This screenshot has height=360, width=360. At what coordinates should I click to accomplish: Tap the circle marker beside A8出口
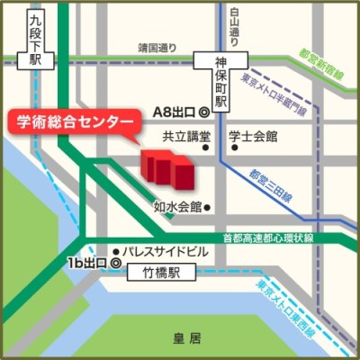[204, 112]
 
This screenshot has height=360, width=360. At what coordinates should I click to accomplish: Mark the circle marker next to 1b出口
[113, 262]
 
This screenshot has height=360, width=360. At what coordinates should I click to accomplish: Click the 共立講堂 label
[185, 138]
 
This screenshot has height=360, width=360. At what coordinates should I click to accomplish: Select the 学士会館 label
[253, 138]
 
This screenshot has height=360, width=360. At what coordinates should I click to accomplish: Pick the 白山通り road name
[237, 25]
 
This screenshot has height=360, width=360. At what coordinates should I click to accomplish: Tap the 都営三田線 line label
[270, 184]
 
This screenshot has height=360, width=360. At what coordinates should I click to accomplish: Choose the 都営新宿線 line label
[329, 59]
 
